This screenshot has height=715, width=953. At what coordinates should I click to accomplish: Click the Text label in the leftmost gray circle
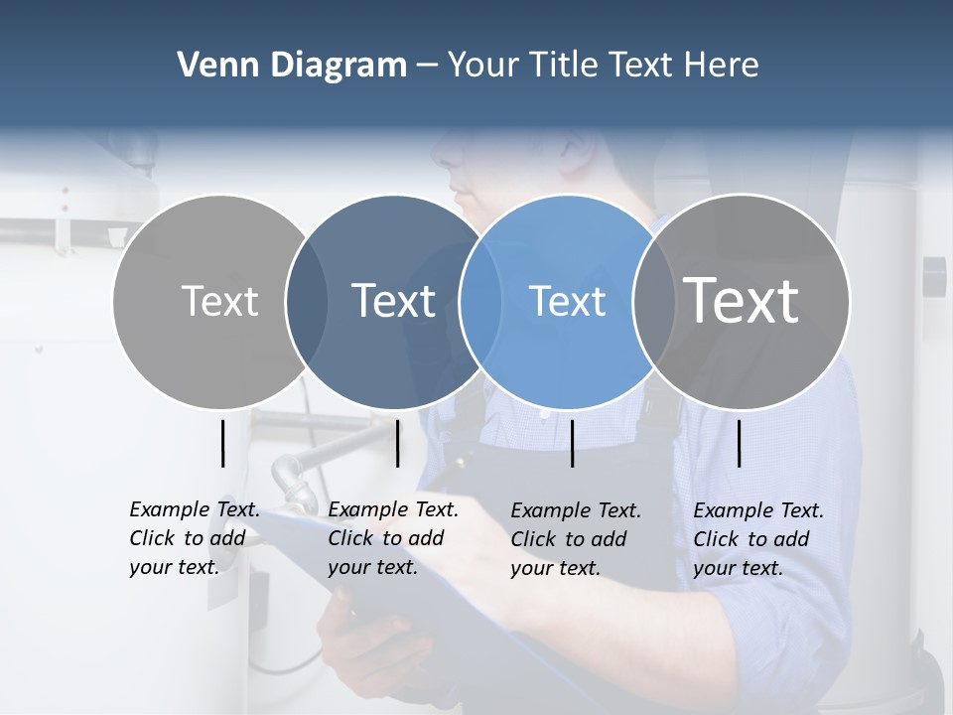click(x=219, y=301)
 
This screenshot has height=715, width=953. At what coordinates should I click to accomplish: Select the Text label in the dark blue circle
click(x=393, y=301)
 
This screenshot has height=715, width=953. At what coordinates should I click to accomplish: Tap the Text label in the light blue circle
click(x=567, y=301)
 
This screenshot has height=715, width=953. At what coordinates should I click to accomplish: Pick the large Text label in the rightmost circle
click(x=741, y=300)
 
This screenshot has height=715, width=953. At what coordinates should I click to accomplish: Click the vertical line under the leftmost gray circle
click(x=222, y=443)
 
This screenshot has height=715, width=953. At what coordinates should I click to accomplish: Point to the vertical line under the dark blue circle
click(x=397, y=443)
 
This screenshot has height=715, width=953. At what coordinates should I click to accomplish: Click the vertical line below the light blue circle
click(x=572, y=443)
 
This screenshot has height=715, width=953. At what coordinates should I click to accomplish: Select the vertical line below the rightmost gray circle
click(x=739, y=443)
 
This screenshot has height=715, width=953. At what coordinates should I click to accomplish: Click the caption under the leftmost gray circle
click(x=194, y=538)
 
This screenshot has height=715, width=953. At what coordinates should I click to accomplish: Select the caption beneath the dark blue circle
click(x=392, y=538)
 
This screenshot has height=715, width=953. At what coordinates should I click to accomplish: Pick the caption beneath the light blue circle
click(x=575, y=539)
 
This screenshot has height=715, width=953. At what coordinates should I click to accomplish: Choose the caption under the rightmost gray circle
click(x=757, y=539)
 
